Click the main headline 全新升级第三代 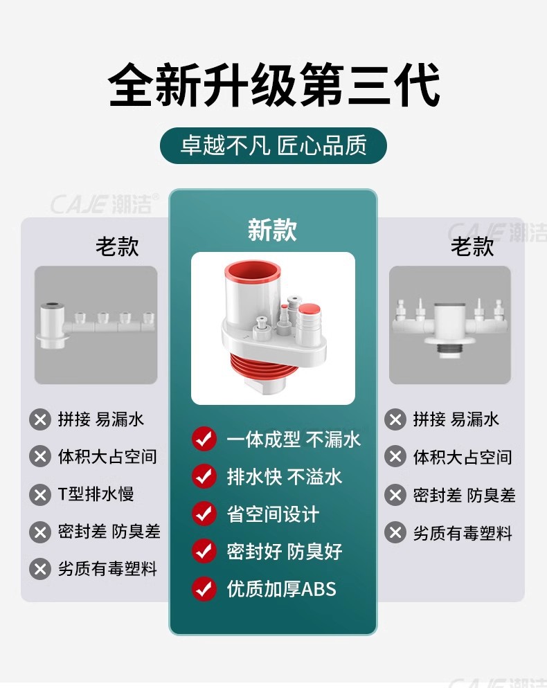pyautogui.click(x=274, y=84)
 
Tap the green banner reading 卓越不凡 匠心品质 pyautogui.click(x=273, y=145)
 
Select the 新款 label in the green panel pyautogui.click(x=273, y=230)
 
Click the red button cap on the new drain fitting pyautogui.click(x=309, y=309)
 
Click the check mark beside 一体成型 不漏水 pyautogui.click(x=204, y=438)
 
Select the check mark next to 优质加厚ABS pyautogui.click(x=204, y=588)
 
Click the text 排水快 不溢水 pyautogui.click(x=285, y=477)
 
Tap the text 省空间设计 pyautogui.click(x=273, y=514)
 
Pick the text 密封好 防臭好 pyautogui.click(x=285, y=552)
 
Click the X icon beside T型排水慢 pyautogui.click(x=40, y=495)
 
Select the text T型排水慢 pyautogui.click(x=96, y=494)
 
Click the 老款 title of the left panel pyautogui.click(x=117, y=246)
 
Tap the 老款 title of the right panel pyautogui.click(x=472, y=246)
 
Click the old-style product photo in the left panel pyautogui.click(x=96, y=325)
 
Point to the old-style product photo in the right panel pyautogui.click(x=450, y=325)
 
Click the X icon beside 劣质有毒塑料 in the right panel pyautogui.click(x=395, y=533)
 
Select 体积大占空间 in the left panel pyautogui.click(x=107, y=457)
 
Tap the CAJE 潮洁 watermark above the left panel pyautogui.click(x=105, y=204)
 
